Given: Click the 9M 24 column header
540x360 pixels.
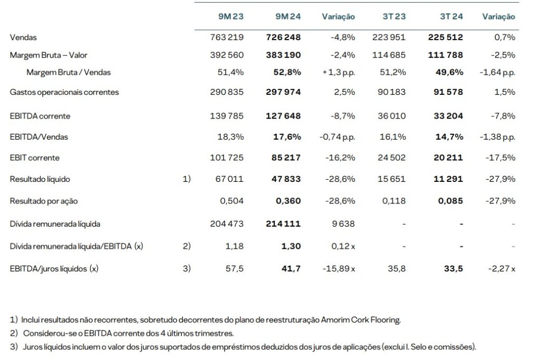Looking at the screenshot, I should (288, 16).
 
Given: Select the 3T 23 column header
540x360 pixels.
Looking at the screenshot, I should (394, 16).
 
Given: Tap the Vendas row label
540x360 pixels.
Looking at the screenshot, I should (23, 37).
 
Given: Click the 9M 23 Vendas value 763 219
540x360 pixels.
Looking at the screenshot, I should (227, 37).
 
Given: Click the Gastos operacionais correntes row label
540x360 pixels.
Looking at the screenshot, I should (64, 92).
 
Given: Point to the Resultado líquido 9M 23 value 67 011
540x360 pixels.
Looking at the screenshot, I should (230, 179).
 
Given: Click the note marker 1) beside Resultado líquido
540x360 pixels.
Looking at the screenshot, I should (186, 179).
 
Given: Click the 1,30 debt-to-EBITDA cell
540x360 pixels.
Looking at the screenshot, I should (291, 246).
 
